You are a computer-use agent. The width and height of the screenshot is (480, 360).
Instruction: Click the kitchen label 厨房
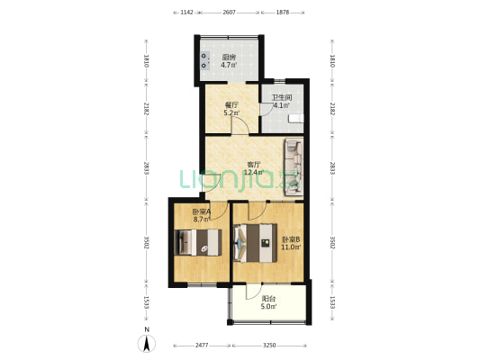229,58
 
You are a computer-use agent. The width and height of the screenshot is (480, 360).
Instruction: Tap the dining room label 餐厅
231,105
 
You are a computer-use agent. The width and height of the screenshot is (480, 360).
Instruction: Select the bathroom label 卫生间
282,97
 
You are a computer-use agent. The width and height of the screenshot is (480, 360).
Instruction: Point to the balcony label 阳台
268,299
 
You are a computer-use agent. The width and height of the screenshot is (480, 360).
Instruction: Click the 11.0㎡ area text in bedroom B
291,247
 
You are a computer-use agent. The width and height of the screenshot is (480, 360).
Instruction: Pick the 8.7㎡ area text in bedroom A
202,219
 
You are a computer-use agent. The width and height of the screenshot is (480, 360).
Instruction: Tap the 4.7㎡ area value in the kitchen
229,65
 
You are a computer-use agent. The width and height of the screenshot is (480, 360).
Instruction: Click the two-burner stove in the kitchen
205,61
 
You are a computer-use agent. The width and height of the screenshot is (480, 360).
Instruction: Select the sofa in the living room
294,167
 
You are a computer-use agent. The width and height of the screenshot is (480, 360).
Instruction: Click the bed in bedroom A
198,242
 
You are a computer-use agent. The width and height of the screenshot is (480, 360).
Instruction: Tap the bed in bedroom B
255,243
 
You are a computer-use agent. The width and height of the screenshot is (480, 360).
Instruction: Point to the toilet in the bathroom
296,119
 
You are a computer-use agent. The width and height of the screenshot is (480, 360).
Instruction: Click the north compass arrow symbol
147,344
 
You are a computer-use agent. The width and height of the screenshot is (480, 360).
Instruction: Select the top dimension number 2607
229,13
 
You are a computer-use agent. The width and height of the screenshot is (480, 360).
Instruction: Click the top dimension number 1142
186,13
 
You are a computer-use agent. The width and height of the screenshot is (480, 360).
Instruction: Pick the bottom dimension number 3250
269,346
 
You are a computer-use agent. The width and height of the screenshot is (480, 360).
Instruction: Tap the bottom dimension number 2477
202,346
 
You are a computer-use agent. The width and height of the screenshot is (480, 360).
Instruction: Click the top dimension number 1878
283,13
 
